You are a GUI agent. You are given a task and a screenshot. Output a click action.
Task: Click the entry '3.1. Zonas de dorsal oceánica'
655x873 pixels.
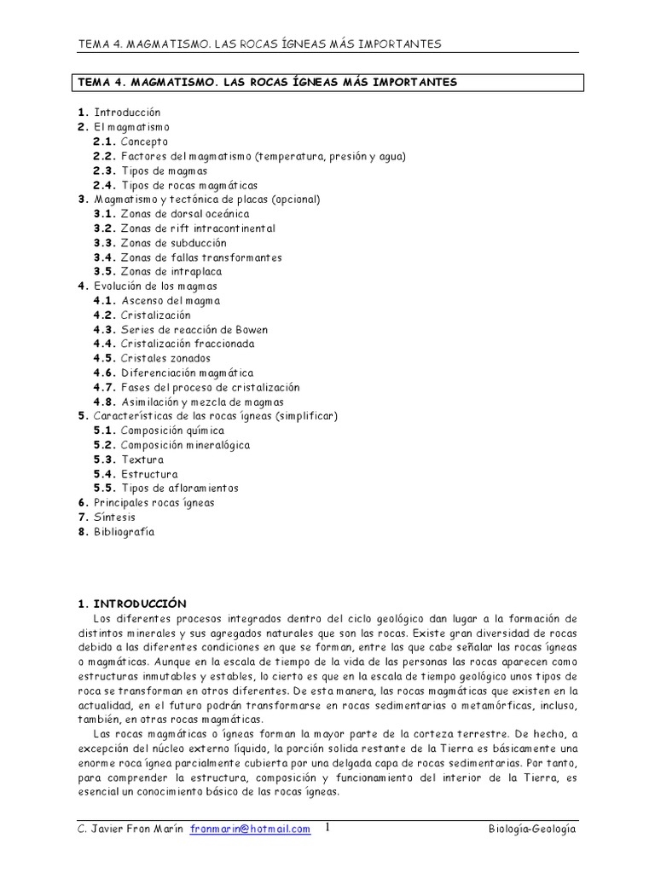click(171, 214)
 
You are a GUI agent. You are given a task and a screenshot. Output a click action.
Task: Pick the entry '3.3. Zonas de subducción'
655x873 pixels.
click(159, 243)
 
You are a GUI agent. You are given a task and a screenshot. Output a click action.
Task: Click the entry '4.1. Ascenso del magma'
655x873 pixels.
click(157, 301)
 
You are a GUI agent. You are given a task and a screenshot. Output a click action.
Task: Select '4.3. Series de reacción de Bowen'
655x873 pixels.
click(175, 330)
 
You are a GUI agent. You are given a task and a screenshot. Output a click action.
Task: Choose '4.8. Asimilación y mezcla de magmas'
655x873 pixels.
click(188, 402)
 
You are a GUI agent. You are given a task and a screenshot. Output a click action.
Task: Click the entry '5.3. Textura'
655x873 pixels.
click(129, 460)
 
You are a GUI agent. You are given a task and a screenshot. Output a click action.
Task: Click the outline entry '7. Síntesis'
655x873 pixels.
click(107, 517)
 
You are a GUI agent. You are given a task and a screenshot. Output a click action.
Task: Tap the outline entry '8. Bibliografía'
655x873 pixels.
click(116, 532)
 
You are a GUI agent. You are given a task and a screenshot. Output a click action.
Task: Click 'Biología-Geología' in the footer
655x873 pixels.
click(534, 830)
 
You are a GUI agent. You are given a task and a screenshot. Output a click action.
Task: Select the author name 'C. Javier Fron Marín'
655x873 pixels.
click(130, 830)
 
